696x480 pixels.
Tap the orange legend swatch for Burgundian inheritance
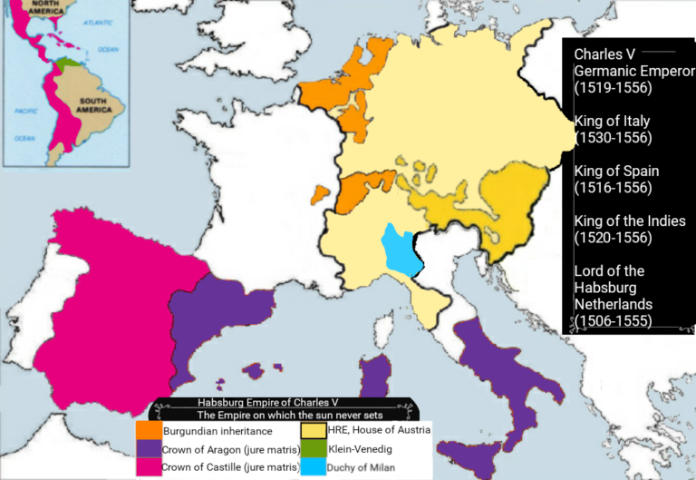pyautogui.click(x=149, y=430)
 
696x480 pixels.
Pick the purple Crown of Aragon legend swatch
pyautogui.click(x=149, y=448)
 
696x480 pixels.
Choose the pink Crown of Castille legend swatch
pyautogui.click(x=149, y=467)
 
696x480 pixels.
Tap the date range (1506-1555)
pyautogui.click(x=613, y=320)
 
